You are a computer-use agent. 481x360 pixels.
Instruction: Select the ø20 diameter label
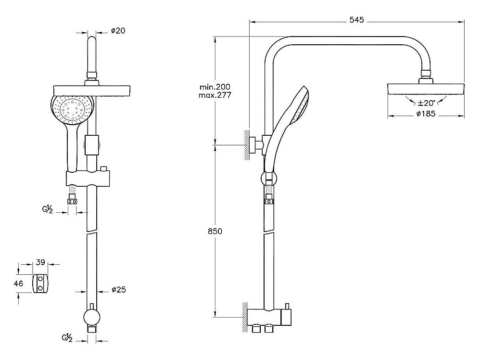[118, 31]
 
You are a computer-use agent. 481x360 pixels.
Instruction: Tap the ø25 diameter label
[118, 290]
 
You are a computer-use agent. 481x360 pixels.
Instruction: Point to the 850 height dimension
[215, 231]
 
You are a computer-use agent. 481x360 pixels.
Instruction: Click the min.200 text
[215, 87]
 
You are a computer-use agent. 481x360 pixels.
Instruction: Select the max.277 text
[215, 95]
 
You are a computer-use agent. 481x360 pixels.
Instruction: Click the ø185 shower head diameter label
[426, 114]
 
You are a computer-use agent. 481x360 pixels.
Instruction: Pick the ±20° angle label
[426, 103]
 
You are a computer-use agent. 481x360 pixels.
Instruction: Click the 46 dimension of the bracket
[19, 283]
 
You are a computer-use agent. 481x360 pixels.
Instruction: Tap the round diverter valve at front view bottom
[91, 317]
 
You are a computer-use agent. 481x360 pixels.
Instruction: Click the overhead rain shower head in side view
[426, 89]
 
